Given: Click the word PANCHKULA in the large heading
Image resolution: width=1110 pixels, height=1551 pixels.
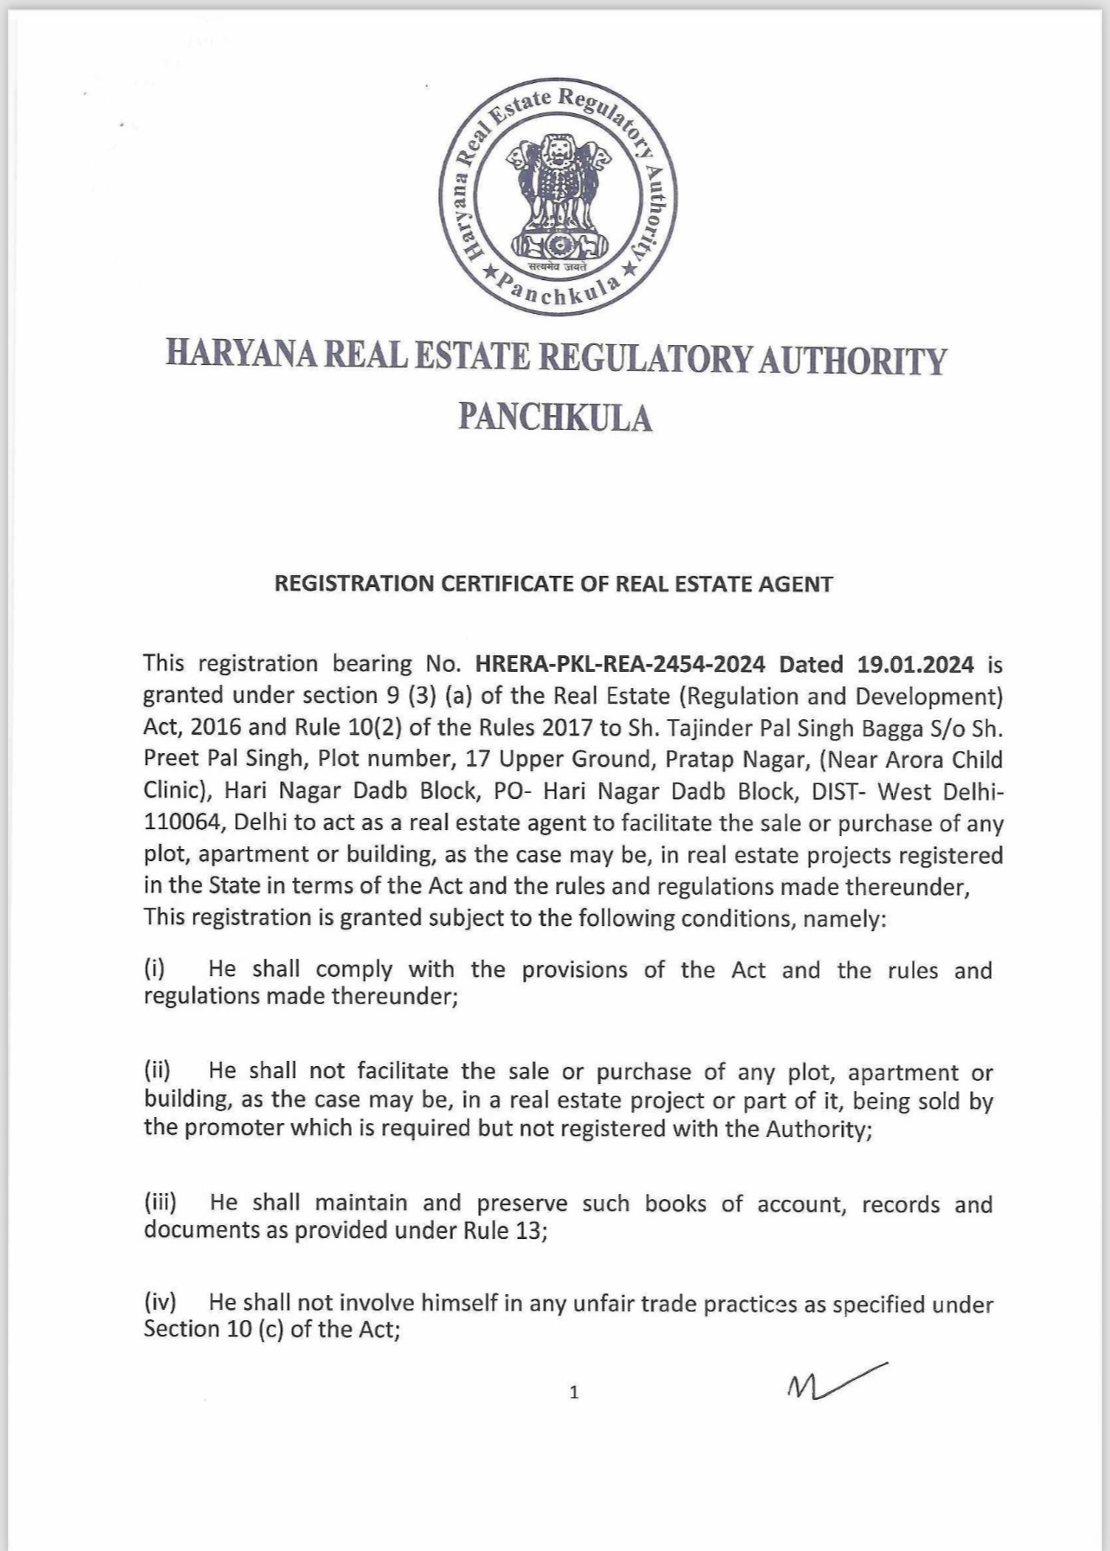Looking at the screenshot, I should click(x=555, y=418).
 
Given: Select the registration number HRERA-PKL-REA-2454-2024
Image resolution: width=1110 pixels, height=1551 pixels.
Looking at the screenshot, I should click(x=620, y=664).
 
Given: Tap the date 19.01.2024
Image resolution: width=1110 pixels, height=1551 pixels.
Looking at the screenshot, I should click(x=915, y=664).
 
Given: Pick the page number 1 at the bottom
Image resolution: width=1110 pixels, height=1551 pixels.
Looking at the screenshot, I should click(x=574, y=1392).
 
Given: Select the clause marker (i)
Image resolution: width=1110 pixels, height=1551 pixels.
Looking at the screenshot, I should click(x=155, y=968).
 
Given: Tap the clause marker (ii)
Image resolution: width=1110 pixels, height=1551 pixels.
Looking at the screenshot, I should click(x=157, y=1069).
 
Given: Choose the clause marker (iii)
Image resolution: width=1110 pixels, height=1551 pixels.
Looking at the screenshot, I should click(x=160, y=1202).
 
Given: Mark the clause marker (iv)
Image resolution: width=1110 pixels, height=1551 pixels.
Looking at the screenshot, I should click(x=160, y=1301).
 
